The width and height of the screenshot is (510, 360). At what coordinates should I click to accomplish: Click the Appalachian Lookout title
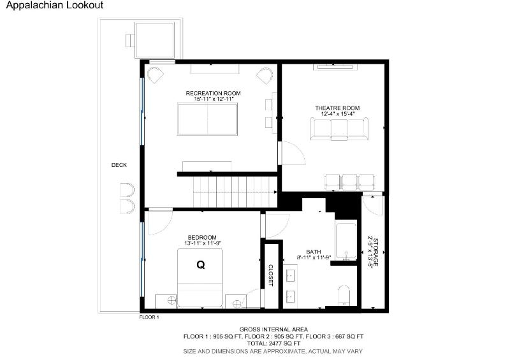coord(55,5)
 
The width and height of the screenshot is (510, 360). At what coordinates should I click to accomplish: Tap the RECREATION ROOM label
coord(213,93)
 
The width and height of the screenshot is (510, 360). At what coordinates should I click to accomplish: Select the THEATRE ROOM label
coord(337,108)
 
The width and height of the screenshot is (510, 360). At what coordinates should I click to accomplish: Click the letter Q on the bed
coord(201,265)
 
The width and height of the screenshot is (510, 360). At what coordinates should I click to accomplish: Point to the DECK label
coord(119,165)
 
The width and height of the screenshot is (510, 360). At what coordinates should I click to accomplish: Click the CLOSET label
coord(270,275)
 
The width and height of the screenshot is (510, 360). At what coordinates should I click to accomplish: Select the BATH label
coord(314,252)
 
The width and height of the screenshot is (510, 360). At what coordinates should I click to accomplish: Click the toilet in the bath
coord(344,296)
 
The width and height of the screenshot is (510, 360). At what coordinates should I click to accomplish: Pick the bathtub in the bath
coord(346,241)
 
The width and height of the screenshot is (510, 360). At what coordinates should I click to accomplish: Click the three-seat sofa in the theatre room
coord(339,129)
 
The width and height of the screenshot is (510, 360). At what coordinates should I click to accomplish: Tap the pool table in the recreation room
coord(208,119)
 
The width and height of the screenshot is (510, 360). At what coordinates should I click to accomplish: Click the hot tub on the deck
coord(154,40)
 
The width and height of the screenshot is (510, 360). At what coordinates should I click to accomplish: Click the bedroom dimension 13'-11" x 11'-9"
coord(203,243)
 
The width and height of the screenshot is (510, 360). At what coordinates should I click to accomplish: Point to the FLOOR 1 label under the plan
coord(149,317)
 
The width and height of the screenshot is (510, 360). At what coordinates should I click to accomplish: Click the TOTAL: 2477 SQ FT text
coord(273,343)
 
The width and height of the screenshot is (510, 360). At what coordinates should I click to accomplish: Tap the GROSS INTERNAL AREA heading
coord(273,329)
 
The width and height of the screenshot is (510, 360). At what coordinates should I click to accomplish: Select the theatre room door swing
coord(293,153)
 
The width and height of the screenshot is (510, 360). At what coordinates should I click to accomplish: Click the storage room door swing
coord(373,205)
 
